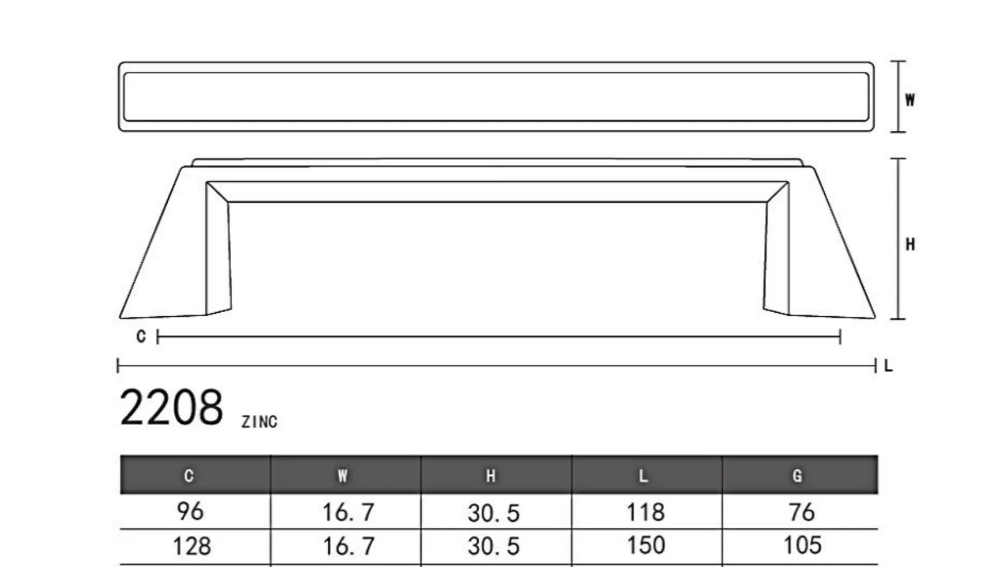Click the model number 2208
[x=171, y=407]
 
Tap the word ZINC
[x=260, y=423]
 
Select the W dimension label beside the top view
[x=910, y=100]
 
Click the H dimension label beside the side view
[x=910, y=244]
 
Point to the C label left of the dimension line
[x=141, y=337]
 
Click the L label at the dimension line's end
[x=888, y=366]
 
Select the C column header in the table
[x=189, y=476]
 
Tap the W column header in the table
[x=342, y=476]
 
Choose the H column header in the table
[x=490, y=476]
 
